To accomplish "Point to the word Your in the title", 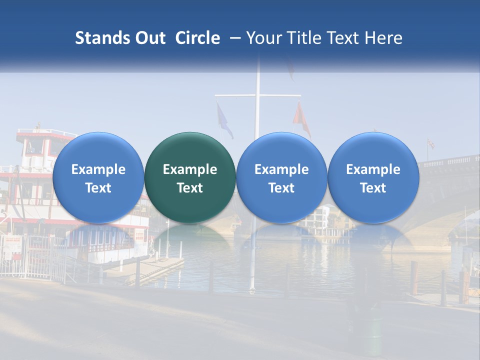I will [x=262, y=38].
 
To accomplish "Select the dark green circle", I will [x=190, y=177].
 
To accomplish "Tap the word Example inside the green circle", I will [x=190, y=169].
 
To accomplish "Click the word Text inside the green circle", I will [x=190, y=188].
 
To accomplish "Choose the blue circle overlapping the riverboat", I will [x=98, y=177].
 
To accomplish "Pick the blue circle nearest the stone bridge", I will [x=373, y=177].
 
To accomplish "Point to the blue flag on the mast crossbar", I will [x=224, y=120].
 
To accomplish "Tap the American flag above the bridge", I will [x=430, y=144].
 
